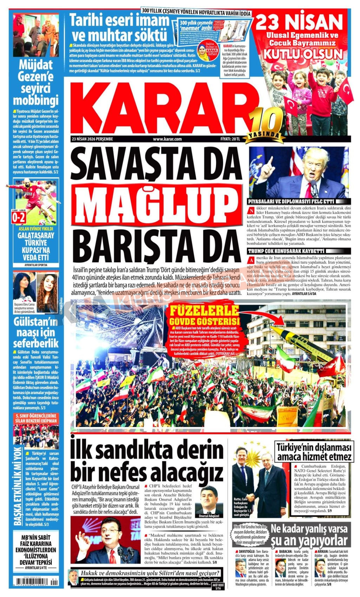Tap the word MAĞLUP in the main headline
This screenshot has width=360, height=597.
[156, 204]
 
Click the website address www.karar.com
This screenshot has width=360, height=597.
[167, 139]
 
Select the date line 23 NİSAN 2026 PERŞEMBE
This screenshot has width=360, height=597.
[92, 139]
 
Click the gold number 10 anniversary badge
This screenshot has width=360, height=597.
[266, 121]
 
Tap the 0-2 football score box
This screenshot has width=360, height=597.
[19, 218]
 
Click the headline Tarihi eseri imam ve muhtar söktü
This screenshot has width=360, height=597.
[119, 27]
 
